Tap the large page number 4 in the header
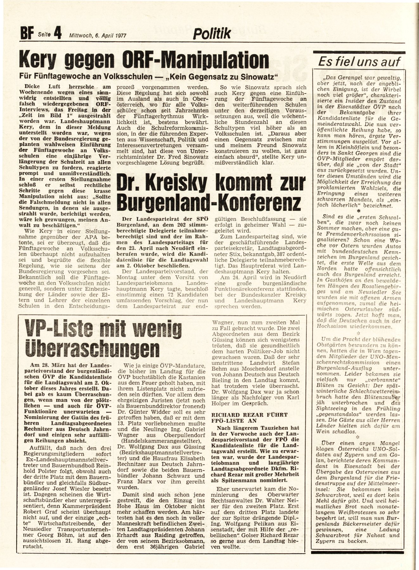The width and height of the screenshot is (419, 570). (x=57, y=33)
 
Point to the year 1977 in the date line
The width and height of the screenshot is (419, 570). (x=119, y=36)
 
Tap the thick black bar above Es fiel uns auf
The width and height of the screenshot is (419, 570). (x=359, y=53)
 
